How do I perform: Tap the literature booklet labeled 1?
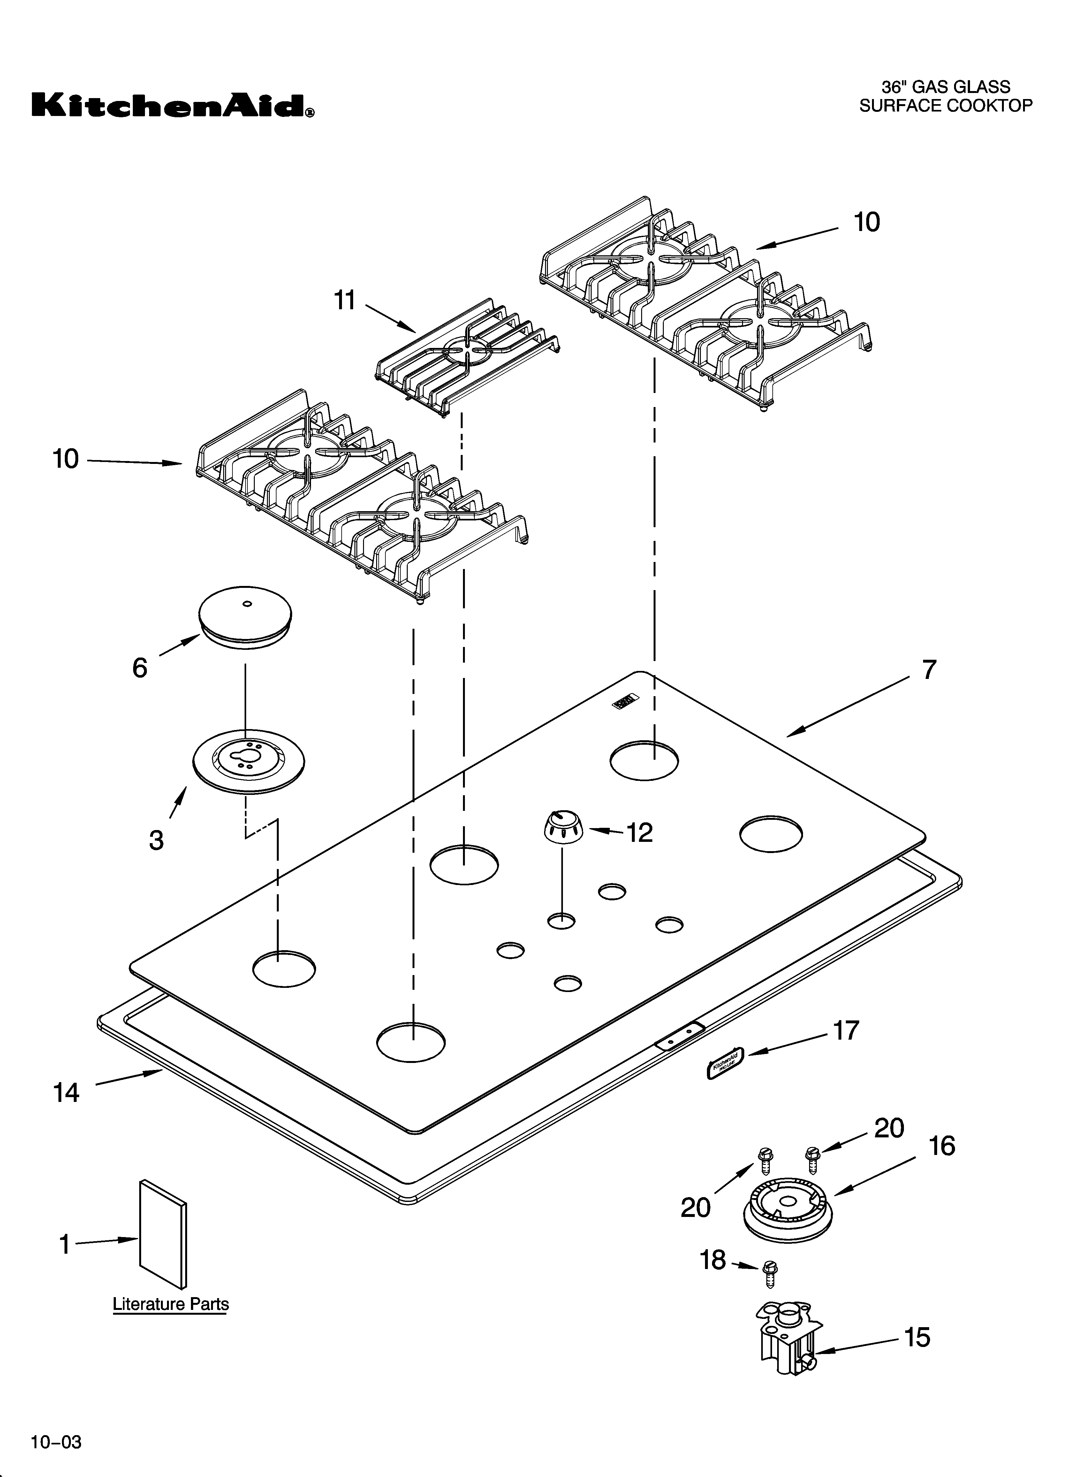point(163,1234)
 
